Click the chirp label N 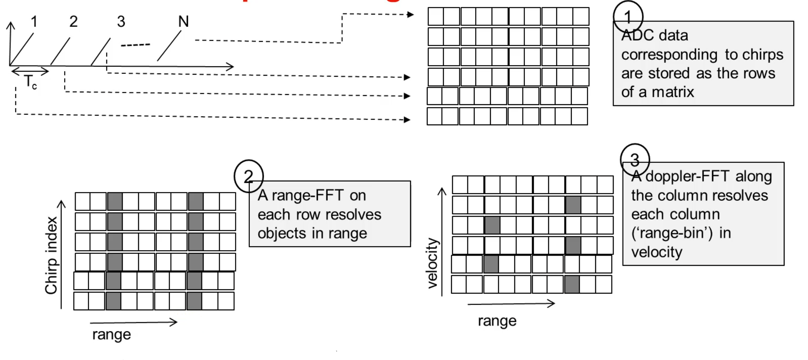(x=183, y=21)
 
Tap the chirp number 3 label (x=121, y=21)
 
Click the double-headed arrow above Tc (x=30, y=71)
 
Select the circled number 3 (x=635, y=159)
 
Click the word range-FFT (x=307, y=195)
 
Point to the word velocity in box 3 (x=657, y=252)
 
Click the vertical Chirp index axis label (x=51, y=255)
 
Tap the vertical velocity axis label (x=432, y=263)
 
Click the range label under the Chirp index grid (x=112, y=334)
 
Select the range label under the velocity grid (x=497, y=321)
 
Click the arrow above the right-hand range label (x=511, y=304)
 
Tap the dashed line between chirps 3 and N (x=135, y=45)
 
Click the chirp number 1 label (x=34, y=21)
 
